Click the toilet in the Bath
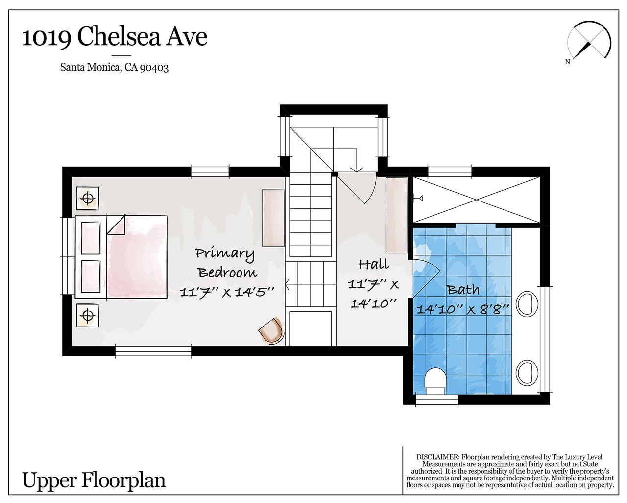[435, 381]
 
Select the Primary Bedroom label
[226, 263]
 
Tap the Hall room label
[374, 264]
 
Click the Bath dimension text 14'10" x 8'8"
[463, 309]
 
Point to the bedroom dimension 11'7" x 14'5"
[227, 292]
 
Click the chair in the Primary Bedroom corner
[271, 330]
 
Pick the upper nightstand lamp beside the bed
[87, 198]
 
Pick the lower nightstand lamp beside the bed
[87, 315]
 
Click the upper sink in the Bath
[527, 303]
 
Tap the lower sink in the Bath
[527, 372]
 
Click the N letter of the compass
[568, 62]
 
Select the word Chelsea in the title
[119, 37]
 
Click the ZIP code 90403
[154, 68]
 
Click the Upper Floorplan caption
[94, 481]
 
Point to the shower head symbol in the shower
[418, 198]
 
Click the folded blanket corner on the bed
[116, 225]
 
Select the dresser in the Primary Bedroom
[273, 218]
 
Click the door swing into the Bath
[426, 278]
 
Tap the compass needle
[582, 50]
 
